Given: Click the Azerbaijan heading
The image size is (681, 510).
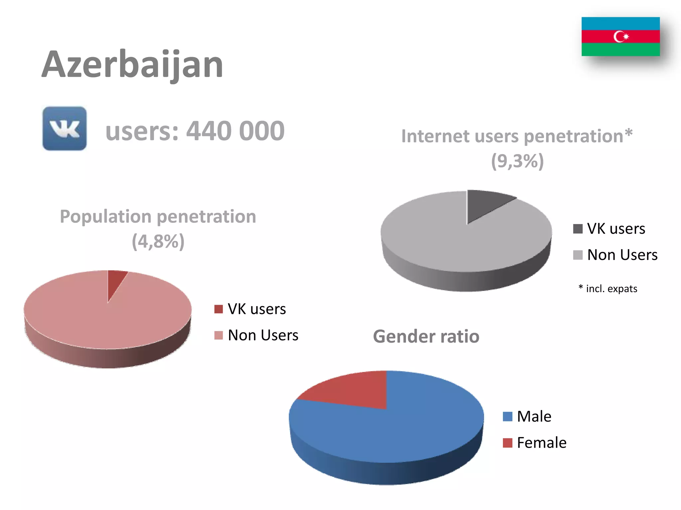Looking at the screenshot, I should point(132,65).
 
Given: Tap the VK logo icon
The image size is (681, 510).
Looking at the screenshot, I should point(65,128).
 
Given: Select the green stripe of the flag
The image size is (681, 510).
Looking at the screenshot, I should point(620,49).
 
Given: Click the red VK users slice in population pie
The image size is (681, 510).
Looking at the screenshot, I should point(115,281).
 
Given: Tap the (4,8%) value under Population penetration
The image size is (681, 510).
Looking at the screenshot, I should point(158,241).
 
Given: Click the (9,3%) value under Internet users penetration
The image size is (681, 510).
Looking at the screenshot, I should point(517,161).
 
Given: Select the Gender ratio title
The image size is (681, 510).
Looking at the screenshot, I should point(426,336).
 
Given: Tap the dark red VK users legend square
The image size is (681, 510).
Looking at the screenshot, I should point(218,309).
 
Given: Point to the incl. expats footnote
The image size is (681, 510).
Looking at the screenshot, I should point(608,289).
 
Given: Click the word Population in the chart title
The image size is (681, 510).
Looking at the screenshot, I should point(105,217).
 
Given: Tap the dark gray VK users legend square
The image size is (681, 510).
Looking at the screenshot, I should point(578,229).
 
